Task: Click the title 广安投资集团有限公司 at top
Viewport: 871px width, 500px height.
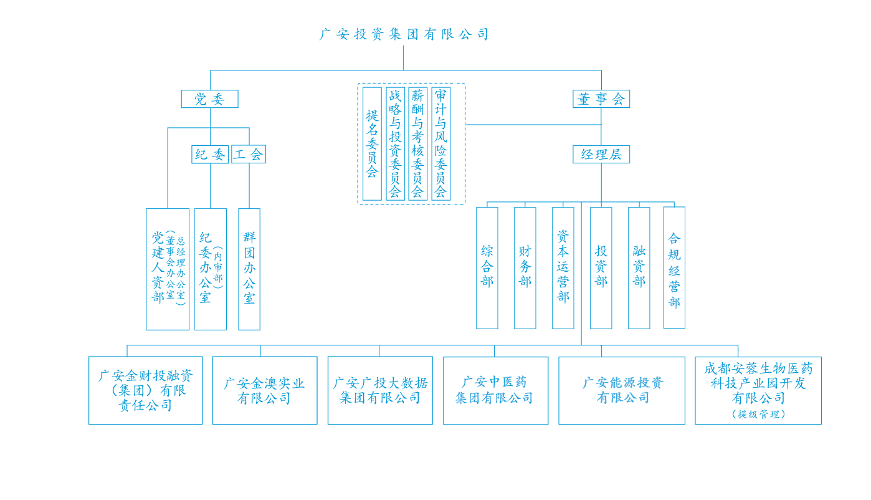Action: (x=404, y=34)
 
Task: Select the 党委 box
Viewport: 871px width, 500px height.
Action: (x=209, y=99)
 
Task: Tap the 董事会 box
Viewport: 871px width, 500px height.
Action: (x=601, y=99)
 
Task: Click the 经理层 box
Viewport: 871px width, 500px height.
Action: (x=601, y=155)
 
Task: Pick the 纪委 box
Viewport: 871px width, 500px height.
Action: (x=210, y=155)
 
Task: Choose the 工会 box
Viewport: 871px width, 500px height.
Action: (x=249, y=155)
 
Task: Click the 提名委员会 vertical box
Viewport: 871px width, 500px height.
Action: (x=372, y=143)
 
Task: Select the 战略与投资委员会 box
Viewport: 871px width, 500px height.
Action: (x=395, y=143)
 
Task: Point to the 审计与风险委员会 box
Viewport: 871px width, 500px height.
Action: (x=440, y=143)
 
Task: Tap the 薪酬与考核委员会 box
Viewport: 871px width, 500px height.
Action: (x=418, y=143)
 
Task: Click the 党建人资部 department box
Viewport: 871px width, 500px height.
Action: (x=167, y=269)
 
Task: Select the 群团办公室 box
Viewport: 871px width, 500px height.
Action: (x=249, y=269)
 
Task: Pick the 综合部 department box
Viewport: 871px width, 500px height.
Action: (x=487, y=267)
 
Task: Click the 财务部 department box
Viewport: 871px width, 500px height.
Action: (x=525, y=267)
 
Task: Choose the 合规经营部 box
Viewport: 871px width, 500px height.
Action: (x=674, y=267)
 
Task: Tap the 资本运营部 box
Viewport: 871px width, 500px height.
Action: (x=563, y=267)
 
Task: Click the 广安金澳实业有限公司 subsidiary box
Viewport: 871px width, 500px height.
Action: (x=264, y=390)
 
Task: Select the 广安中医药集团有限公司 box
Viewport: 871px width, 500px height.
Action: (x=495, y=390)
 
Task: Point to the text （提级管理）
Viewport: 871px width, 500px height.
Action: (x=758, y=414)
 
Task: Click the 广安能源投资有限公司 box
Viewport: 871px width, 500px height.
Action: (x=621, y=390)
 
